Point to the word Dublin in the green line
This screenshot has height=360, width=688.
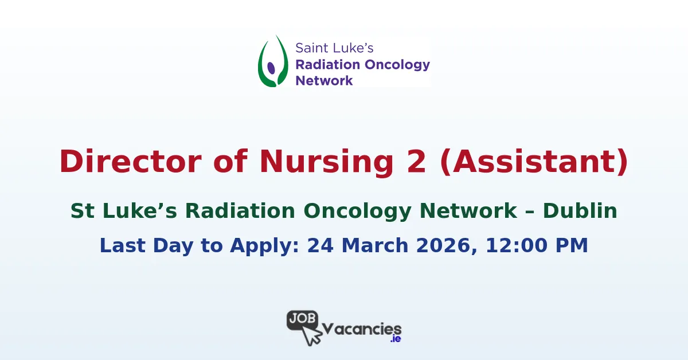click(580, 211)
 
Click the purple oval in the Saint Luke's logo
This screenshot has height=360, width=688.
click(272, 68)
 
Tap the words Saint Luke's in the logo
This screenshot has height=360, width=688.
click(334, 48)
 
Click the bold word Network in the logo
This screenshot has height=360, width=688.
click(324, 80)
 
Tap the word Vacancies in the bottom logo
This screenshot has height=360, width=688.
click(362, 328)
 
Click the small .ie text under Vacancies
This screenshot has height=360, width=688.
click(395, 339)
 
